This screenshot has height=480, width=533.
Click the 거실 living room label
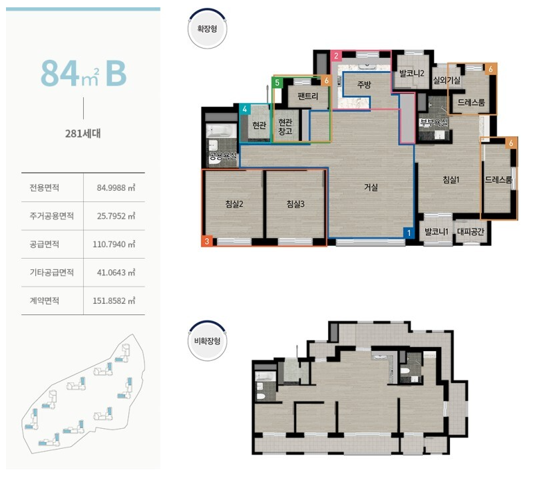[371, 187]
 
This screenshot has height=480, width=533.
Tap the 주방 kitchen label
[364, 84]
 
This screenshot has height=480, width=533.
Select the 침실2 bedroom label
[234, 204]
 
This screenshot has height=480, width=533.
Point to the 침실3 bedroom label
[295, 204]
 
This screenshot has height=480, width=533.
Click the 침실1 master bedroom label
[450, 180]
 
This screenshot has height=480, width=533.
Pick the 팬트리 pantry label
[307, 96]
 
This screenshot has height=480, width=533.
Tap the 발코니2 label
[412, 73]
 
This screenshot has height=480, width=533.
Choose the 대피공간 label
[470, 231]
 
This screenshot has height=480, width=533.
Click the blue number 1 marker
[409, 233]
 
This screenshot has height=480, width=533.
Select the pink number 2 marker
[336, 56]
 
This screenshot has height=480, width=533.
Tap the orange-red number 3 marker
[207, 241]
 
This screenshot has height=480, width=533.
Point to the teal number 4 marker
[244, 109]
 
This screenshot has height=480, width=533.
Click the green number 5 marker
[277, 82]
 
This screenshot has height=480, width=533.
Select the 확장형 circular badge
[207, 29]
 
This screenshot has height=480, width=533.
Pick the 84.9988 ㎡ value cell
[116, 187]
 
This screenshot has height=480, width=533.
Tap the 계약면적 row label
[44, 300]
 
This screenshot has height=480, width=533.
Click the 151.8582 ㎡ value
[114, 300]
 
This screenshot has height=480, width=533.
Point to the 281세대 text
[83, 134]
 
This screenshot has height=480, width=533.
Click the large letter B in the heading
[116, 74]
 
